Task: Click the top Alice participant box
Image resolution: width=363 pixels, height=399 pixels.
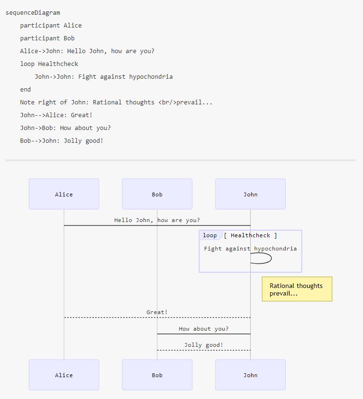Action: tap(64, 194)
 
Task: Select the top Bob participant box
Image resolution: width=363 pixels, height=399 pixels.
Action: tap(157, 194)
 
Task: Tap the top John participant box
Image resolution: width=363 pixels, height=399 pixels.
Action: tap(250, 194)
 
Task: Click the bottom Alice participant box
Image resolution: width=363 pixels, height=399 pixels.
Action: tap(64, 375)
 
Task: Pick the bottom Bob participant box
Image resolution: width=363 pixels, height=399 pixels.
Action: tap(157, 375)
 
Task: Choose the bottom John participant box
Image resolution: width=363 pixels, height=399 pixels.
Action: tap(250, 375)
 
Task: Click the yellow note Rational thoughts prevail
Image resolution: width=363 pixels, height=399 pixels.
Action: tap(297, 289)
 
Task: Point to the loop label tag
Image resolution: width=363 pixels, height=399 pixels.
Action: tap(210, 235)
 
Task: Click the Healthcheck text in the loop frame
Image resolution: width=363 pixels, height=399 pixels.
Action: tap(250, 235)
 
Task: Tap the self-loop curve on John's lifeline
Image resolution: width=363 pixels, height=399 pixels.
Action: tap(272, 258)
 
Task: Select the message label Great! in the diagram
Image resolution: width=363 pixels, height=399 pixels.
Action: tap(157, 312)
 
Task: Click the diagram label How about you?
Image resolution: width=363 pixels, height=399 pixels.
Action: tap(204, 329)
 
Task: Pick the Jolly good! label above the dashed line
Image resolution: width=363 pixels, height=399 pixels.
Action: tap(204, 345)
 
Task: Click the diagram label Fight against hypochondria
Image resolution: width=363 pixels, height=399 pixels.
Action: tap(250, 249)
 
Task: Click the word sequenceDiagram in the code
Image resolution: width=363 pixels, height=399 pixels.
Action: tap(33, 13)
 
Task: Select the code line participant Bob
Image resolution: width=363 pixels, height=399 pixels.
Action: tap(47, 38)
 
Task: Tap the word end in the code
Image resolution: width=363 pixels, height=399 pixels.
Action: tap(26, 90)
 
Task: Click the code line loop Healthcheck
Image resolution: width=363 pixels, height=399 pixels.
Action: tap(49, 64)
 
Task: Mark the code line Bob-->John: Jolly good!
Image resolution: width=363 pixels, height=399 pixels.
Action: tap(62, 141)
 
